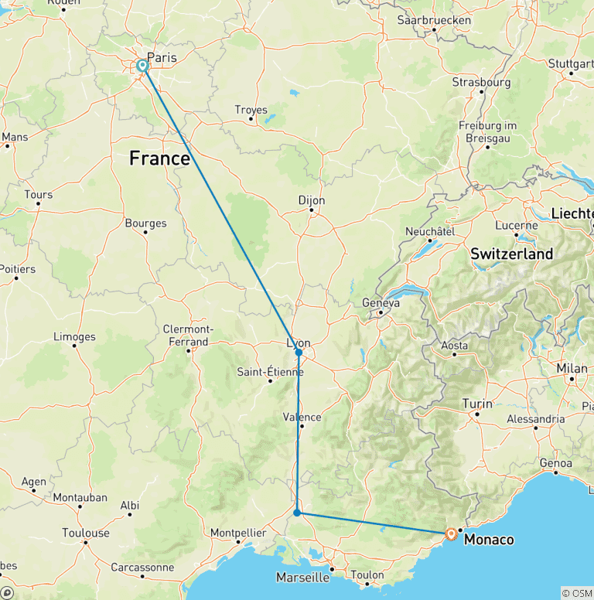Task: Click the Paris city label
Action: (162, 57)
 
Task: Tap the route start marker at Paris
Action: (143, 66)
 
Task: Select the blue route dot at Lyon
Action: (299, 353)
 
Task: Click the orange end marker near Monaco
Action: (451, 533)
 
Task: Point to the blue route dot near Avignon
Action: (297, 513)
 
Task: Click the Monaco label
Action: (488, 540)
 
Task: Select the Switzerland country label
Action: (511, 254)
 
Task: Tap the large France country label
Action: (159, 159)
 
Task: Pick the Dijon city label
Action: (312, 200)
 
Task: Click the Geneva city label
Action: (381, 303)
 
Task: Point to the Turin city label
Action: (476, 404)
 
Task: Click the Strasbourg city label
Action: (481, 82)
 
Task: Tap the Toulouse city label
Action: (86, 533)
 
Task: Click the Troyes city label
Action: (251, 110)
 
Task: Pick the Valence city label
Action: (302, 417)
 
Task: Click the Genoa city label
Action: (556, 463)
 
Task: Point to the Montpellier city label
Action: (239, 533)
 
